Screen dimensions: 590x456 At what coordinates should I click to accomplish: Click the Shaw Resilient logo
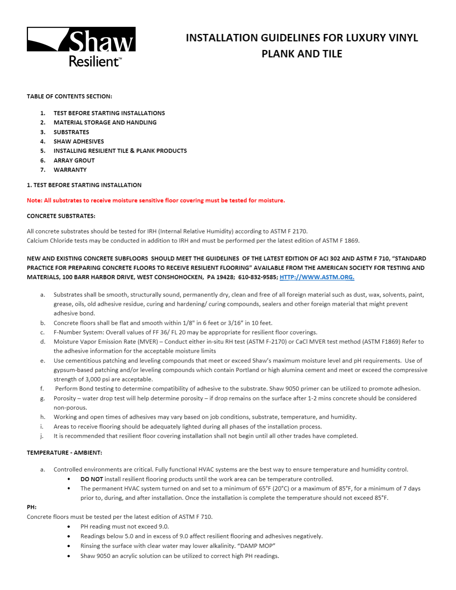pos(81,47)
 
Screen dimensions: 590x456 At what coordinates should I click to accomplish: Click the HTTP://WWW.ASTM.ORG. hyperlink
pos(317,277)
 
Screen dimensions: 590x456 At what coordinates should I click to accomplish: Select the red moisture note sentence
pos(156,200)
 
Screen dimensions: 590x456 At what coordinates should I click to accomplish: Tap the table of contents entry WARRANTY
pos(70,170)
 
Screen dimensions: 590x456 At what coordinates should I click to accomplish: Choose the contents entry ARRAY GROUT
pos(74,161)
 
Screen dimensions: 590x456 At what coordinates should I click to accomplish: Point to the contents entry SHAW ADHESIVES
pos(79,142)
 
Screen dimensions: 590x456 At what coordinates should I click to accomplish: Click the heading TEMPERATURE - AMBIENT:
pos(64,453)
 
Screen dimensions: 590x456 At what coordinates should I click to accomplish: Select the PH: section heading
pos(32,507)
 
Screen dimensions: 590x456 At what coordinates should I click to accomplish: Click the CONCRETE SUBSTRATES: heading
pos(61,216)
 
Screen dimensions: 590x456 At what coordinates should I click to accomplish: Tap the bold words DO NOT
pos(92,479)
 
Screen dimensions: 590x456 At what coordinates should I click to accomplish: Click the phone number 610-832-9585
pos(258,277)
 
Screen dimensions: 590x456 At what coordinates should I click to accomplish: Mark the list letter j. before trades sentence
pos(42,436)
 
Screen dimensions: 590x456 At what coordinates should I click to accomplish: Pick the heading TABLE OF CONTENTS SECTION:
pos(69,96)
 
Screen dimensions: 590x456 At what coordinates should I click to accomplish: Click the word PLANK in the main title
pos(278,54)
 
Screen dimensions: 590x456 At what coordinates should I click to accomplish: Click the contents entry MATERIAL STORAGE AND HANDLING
pos(105,123)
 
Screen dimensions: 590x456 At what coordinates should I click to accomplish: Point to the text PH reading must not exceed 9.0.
pos(124,527)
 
